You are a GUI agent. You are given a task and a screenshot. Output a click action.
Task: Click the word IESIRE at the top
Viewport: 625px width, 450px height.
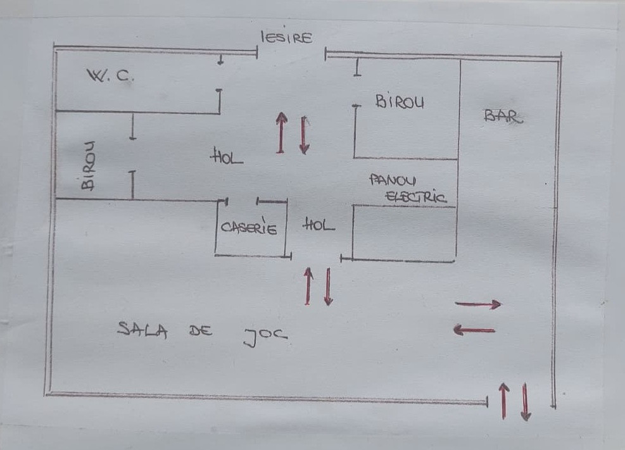[287, 38]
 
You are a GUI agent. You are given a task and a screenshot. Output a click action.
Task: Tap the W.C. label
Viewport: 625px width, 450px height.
[111, 76]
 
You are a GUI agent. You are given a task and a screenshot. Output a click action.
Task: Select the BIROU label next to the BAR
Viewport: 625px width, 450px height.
[400, 101]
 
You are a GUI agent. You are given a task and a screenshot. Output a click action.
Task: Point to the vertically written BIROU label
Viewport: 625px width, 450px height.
[88, 166]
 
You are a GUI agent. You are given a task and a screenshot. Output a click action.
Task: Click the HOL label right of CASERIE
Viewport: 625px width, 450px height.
[319, 225]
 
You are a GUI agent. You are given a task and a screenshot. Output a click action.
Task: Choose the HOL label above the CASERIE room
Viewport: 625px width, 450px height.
[227, 157]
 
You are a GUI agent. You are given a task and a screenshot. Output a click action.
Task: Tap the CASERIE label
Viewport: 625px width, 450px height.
[249, 228]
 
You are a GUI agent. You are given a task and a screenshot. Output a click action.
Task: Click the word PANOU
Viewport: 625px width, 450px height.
[393, 180]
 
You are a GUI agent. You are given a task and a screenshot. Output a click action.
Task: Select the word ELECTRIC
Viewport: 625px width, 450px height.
[416, 197]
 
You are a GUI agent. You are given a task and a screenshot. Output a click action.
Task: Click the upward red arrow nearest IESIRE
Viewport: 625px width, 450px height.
[281, 133]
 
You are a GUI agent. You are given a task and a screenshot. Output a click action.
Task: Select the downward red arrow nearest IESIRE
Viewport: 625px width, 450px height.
[304, 135]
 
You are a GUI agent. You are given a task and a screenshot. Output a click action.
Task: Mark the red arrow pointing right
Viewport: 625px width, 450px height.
[478, 304]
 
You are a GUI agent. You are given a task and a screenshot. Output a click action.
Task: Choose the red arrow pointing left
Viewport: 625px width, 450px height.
[474, 330]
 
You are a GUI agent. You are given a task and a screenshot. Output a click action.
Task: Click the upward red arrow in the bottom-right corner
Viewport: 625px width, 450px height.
[503, 401]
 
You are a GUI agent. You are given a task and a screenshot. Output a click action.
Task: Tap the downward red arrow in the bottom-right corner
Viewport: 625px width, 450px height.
[525, 402]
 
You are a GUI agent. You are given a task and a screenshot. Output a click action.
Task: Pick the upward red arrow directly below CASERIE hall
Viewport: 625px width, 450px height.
[308, 286]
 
